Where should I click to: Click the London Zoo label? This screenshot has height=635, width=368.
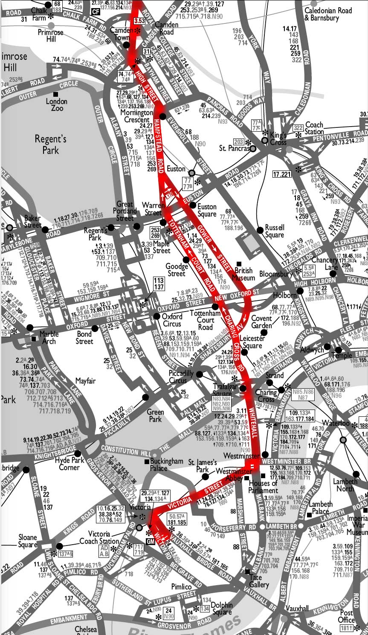pos(57,104)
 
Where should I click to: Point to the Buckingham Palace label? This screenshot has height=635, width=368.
pos(166,465)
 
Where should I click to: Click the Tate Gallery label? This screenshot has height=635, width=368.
pos(259,581)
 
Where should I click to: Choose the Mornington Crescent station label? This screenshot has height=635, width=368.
pos(136,116)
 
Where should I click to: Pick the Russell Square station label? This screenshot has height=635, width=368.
pos(274,231)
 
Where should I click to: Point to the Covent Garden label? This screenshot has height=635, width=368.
pos(261,322)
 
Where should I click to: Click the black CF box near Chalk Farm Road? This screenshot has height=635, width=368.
pos(96,12)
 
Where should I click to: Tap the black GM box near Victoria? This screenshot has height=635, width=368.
pos(150,541)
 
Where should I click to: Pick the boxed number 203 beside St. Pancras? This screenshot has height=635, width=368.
pos(238,141)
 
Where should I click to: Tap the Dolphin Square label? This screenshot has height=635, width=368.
pos(222,609)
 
